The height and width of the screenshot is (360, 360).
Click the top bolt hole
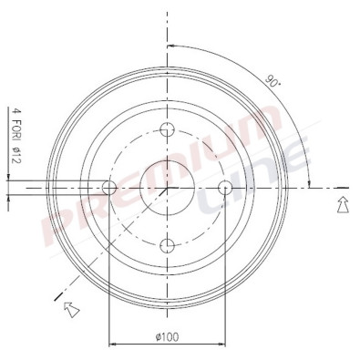pyautogui.click(x=167, y=129)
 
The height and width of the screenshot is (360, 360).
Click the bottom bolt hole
pyautogui.click(x=167, y=245)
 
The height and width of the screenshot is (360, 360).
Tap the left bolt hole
pyautogui.click(x=109, y=188)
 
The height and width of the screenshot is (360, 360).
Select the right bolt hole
pyautogui.click(x=225, y=188)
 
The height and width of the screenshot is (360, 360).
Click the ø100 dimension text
pyautogui.click(x=167, y=336)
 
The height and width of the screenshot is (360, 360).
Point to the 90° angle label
pyautogui.click(x=273, y=81)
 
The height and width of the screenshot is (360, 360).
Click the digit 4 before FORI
pyautogui.click(x=15, y=110)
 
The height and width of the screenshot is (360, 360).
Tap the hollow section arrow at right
pyautogui.click(x=343, y=204)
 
